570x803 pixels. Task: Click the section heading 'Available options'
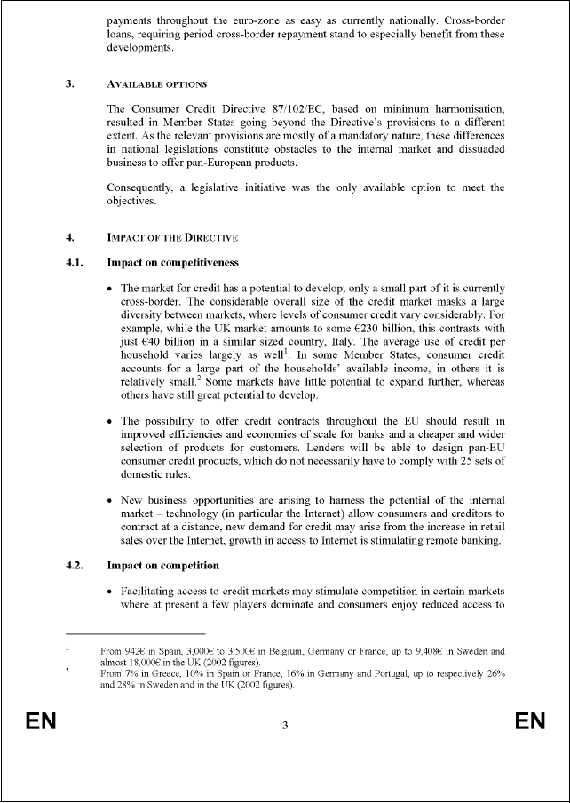tap(156, 84)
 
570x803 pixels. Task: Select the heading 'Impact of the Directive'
tap(172, 237)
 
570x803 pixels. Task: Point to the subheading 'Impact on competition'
tap(162, 565)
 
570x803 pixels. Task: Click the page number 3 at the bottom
tap(285, 726)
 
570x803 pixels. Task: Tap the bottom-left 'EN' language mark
tap(41, 721)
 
